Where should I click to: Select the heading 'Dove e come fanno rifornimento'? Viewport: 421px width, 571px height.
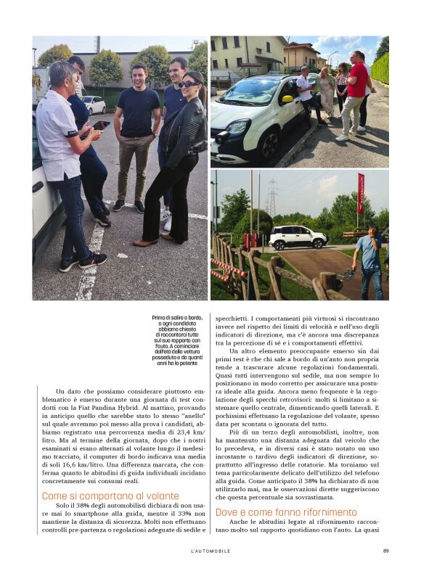[286, 512]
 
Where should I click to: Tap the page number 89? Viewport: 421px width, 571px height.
[385, 551]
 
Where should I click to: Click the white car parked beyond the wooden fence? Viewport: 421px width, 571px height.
[298, 237]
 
